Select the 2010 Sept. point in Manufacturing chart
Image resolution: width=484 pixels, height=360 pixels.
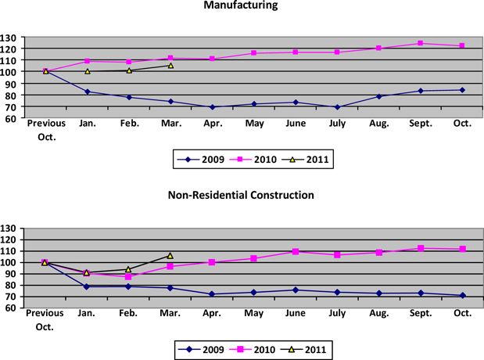(x=421, y=43)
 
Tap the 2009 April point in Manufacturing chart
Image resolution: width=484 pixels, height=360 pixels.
(x=212, y=107)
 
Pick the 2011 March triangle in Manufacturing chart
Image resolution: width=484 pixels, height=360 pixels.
(x=170, y=66)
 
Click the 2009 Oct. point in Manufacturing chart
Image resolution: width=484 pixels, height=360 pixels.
(x=462, y=90)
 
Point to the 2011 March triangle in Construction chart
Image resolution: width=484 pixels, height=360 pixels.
(x=170, y=255)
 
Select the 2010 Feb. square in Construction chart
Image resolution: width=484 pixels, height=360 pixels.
(x=128, y=277)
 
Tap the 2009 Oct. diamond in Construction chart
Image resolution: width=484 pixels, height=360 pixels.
(x=462, y=296)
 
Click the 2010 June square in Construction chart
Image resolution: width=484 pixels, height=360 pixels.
(x=296, y=252)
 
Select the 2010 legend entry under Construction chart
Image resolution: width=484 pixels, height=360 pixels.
(x=257, y=348)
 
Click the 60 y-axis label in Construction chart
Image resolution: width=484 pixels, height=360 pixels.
(x=11, y=308)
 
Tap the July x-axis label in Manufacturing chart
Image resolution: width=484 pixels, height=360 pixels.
(x=337, y=124)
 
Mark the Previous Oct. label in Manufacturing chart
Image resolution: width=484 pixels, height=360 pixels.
(x=45, y=129)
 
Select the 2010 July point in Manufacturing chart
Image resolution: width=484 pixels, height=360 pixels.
(x=337, y=52)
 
